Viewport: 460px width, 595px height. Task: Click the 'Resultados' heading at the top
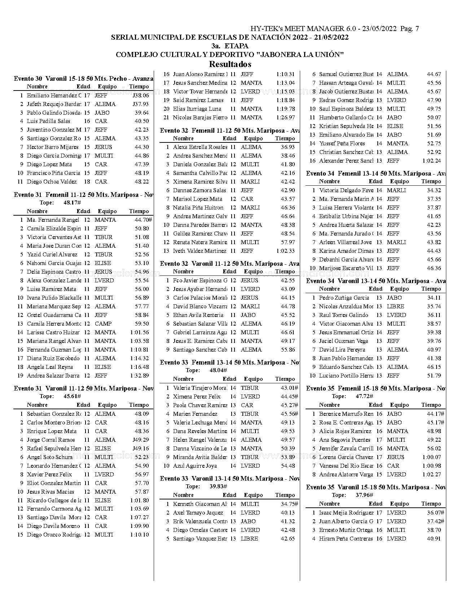coord(230,65)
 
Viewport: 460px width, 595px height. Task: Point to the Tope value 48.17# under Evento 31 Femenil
coord(72,203)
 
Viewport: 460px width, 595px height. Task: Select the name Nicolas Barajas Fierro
coord(200,118)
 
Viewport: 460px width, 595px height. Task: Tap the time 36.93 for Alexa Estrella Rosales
coord(288,147)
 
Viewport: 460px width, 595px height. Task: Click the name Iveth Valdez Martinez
coord(200,251)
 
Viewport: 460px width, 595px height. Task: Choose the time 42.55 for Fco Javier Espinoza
coord(288,281)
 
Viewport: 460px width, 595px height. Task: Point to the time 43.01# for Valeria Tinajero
coord(289,388)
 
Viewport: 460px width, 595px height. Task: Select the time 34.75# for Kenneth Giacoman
coord(289,504)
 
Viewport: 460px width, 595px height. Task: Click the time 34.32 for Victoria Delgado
coord(434,190)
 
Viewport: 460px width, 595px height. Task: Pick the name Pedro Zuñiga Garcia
coord(344,298)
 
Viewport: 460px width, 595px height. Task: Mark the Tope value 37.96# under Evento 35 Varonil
coord(364,495)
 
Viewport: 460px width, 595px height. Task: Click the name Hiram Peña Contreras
coord(346,539)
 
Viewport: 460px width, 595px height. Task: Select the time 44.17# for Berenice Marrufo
coord(435,414)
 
